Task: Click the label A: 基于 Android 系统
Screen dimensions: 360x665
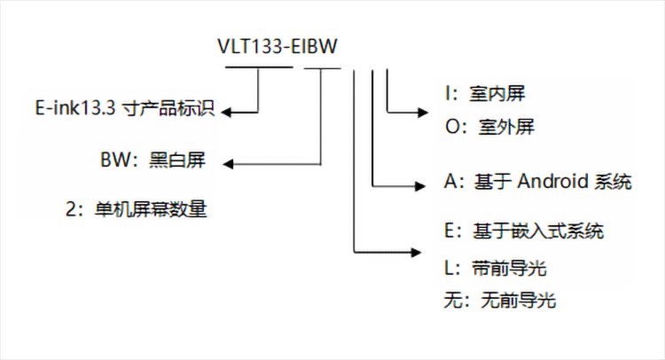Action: (536, 183)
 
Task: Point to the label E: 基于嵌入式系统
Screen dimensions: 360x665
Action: (523, 231)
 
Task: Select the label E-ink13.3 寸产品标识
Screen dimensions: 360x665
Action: (125, 112)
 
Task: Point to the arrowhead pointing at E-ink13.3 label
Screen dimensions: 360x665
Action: (228, 112)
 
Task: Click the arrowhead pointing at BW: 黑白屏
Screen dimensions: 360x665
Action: (228, 163)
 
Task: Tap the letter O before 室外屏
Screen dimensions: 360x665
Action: (450, 128)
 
